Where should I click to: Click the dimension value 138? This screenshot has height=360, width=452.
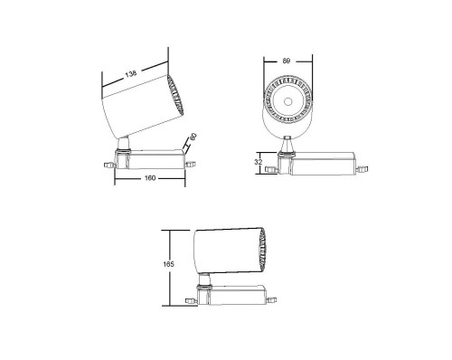(x=132, y=72)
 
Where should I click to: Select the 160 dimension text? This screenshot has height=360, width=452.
(x=149, y=178)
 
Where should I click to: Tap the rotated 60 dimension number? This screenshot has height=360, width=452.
(x=193, y=140)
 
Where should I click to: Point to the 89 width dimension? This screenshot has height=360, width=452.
(x=287, y=62)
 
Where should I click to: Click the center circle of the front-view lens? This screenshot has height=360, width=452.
(x=287, y=101)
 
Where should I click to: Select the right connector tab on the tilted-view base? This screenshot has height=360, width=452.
(x=190, y=163)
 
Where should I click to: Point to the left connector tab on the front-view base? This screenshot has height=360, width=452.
(x=272, y=166)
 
